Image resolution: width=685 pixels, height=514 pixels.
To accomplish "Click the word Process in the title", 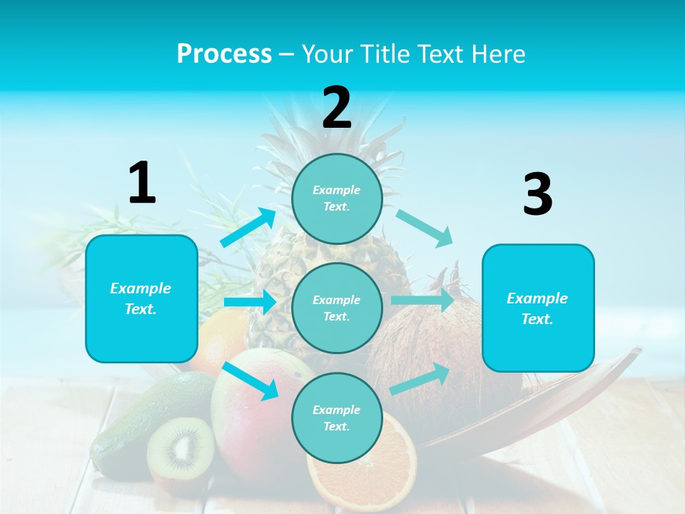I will coord(224,54).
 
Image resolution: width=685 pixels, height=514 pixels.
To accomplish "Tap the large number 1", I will coord(142,183).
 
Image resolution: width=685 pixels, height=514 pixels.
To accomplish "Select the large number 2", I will coord(337,108).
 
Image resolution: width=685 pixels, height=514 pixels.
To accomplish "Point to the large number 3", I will coord(537,194).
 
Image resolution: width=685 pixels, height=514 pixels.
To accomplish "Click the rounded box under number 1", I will coord(141,298).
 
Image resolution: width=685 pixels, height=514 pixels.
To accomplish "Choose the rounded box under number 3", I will coord(538,308).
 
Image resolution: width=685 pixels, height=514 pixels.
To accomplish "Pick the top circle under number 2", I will coord(337,198).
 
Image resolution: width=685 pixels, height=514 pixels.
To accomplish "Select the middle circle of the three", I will coord(337,308).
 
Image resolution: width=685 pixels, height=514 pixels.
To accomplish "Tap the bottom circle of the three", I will coord(337,418).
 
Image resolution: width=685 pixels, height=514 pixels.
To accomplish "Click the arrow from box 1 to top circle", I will coord(248,227).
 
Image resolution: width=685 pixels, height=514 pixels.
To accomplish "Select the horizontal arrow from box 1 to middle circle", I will coord(250,302).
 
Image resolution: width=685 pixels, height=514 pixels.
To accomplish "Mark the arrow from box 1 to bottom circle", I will coord(250,381).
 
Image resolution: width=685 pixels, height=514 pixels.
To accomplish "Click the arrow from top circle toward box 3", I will coord(425,228).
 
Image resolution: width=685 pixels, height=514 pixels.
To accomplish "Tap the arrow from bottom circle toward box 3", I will coord(420,379).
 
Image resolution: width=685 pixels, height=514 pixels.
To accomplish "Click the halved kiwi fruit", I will coord(180,448).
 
